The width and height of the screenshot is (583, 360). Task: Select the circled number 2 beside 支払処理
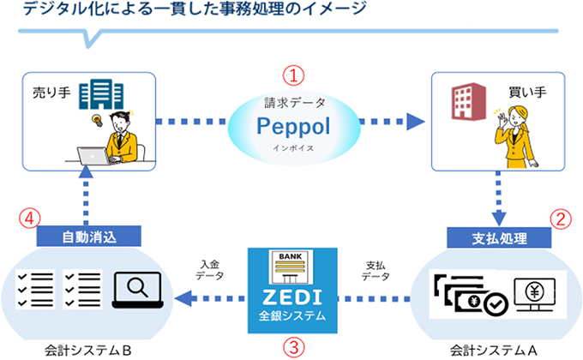pos(560,217)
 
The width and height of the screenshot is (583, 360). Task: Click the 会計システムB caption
pos(90,350)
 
